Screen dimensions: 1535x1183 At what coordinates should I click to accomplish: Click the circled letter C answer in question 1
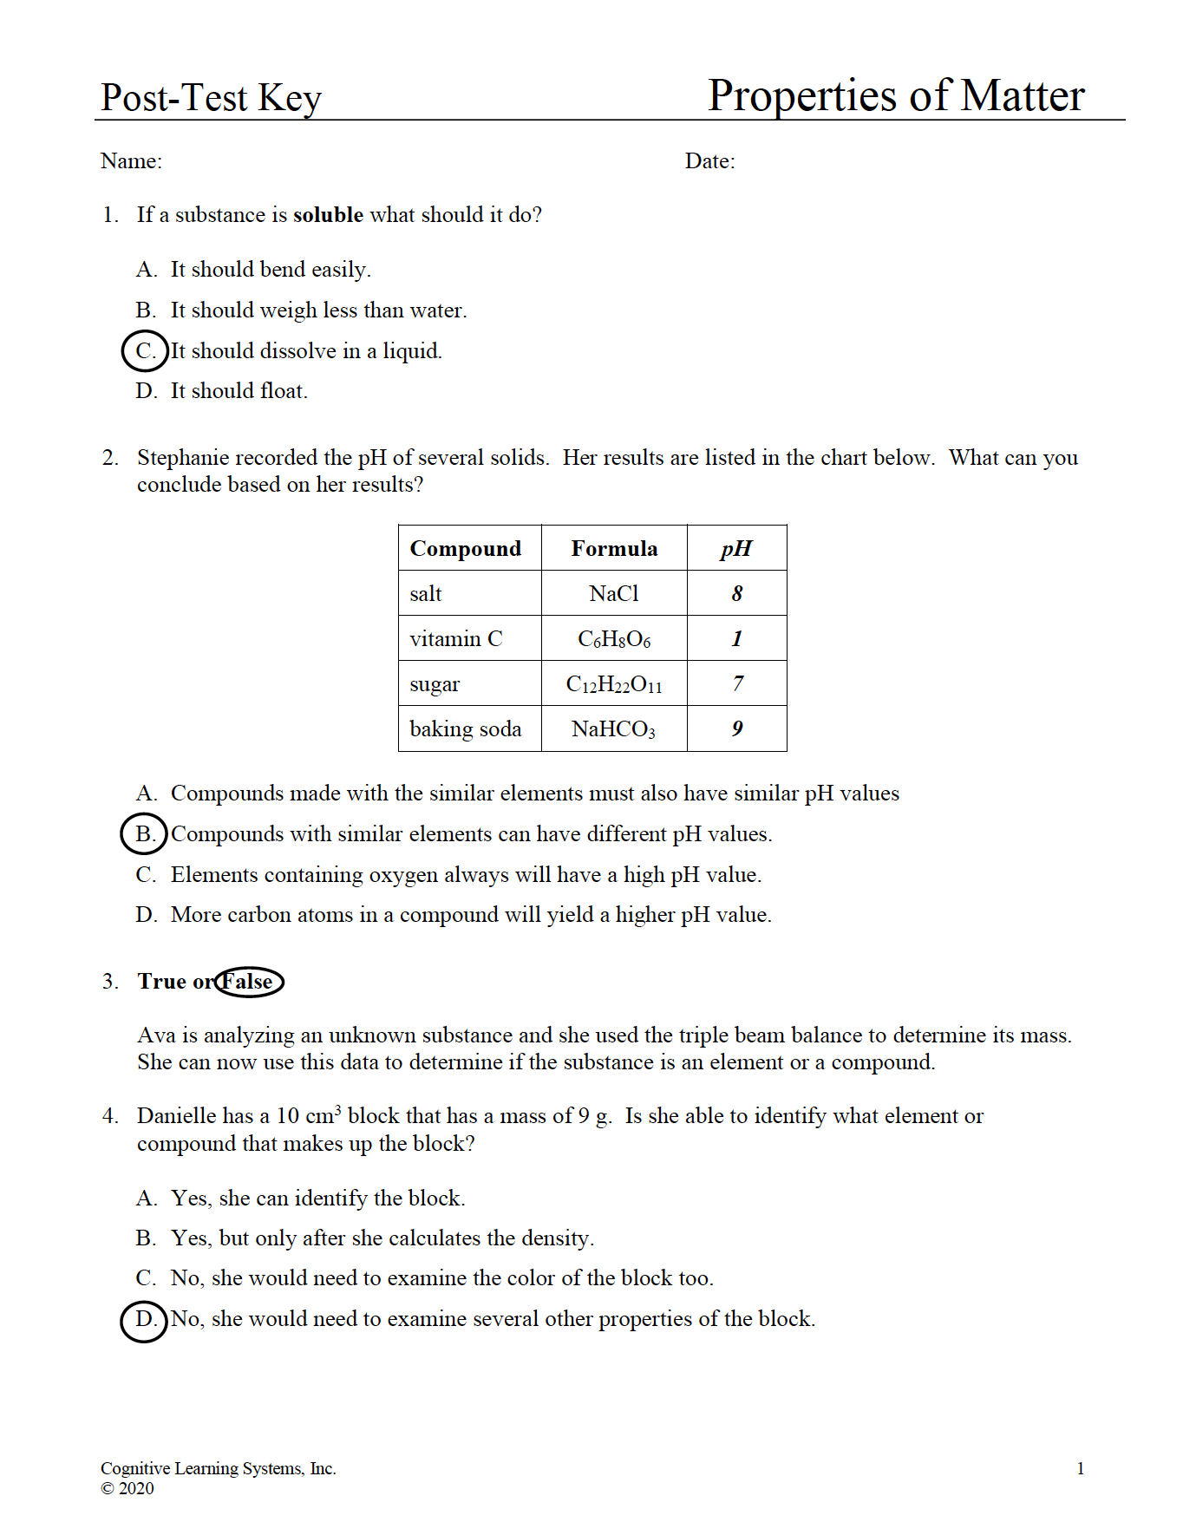pos(144,351)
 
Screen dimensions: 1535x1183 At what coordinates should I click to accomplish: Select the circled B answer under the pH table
pos(144,834)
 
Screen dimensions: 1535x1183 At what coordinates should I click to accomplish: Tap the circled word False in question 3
pos(249,982)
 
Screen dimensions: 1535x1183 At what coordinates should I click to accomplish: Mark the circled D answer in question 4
pos(144,1320)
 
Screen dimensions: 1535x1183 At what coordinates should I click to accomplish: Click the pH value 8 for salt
pos(736,594)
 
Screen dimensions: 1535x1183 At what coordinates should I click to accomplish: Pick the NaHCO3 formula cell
pos(613,729)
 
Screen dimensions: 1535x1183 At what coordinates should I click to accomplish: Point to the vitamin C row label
pos(455,639)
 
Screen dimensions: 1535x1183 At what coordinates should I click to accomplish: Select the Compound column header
pos(466,549)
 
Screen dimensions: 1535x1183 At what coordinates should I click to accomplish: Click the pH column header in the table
pos(736,549)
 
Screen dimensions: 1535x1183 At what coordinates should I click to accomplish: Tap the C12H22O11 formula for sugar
pos(613,684)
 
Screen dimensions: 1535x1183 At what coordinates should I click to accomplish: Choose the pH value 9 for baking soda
pos(736,729)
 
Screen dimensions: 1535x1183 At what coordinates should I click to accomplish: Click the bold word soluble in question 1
pos(328,215)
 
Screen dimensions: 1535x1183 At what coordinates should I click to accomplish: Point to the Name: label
pos(131,161)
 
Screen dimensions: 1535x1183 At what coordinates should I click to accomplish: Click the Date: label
pos(709,161)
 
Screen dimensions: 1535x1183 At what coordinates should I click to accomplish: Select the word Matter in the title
pos(1023,95)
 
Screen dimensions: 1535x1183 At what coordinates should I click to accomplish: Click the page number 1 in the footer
pos(1080,1468)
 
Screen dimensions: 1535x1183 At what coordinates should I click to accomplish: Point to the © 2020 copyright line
pos(127,1489)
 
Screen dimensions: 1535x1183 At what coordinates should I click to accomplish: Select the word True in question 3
pos(162,982)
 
